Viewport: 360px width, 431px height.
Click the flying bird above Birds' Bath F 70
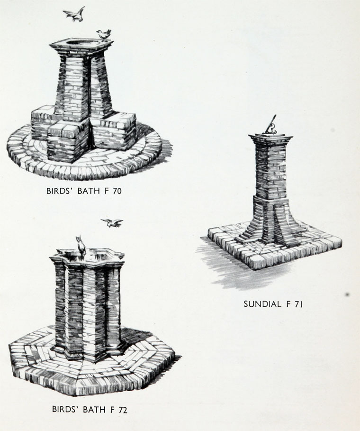74,14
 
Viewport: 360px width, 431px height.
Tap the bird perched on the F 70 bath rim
104,34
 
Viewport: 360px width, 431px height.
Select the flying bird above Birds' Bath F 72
112,222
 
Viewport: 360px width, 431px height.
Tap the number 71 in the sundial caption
297,304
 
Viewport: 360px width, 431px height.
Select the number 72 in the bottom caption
121,409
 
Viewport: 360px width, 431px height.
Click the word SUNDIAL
262,304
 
